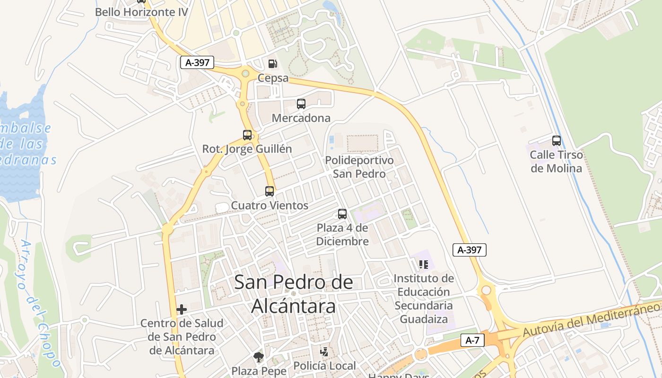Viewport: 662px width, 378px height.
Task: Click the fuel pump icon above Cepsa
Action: click(x=272, y=63)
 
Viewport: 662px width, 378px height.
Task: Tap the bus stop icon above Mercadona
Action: click(x=301, y=104)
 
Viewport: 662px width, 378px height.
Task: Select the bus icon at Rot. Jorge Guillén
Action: click(x=247, y=135)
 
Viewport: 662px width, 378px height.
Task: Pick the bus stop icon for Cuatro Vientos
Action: click(x=270, y=191)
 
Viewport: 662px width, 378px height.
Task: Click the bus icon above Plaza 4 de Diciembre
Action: click(x=342, y=214)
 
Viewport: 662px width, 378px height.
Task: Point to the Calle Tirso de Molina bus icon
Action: click(x=557, y=141)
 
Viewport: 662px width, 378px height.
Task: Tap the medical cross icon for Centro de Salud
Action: click(x=182, y=309)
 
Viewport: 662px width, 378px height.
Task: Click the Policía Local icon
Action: click(x=324, y=352)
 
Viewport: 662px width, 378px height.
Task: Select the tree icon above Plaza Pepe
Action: click(x=258, y=357)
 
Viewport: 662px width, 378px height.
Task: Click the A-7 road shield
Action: click(x=473, y=340)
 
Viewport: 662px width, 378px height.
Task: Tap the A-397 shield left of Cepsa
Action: click(x=197, y=62)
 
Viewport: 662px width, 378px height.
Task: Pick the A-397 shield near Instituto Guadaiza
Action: click(x=469, y=250)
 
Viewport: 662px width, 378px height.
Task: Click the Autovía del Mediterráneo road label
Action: click(x=591, y=320)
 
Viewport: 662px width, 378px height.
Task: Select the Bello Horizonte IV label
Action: click(x=141, y=12)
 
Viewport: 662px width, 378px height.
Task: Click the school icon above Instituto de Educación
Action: click(x=423, y=265)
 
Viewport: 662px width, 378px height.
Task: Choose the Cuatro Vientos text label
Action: click(x=270, y=206)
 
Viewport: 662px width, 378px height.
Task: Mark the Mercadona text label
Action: click(x=301, y=118)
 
